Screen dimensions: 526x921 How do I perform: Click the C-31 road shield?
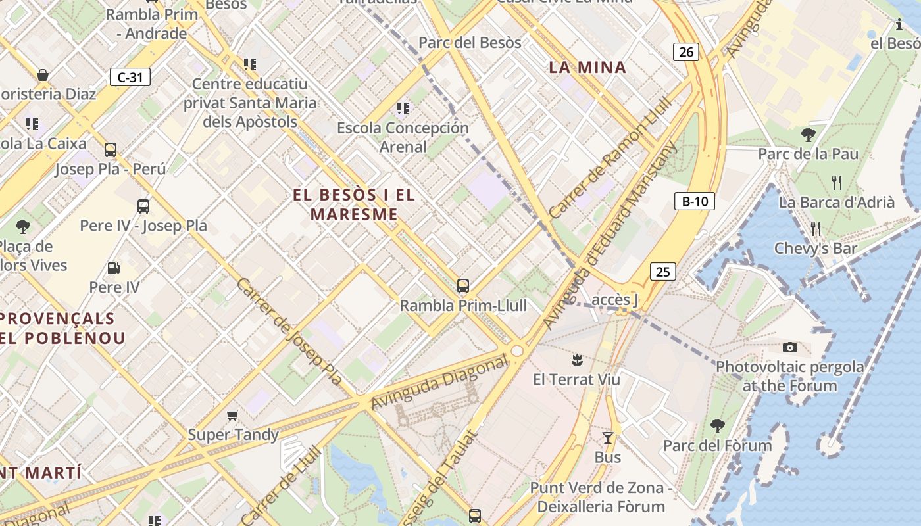point(130,77)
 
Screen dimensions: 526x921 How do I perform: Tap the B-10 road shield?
point(694,201)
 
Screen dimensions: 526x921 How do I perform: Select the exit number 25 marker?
point(663,271)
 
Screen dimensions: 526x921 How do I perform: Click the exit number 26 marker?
point(685,51)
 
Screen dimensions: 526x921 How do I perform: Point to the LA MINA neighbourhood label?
point(587,67)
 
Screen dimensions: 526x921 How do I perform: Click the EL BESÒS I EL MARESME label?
point(354,204)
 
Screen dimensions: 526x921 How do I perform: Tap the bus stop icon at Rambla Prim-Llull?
point(463,286)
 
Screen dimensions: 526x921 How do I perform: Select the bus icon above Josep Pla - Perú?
point(111,149)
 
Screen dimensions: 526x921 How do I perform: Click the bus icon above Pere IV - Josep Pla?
point(143,206)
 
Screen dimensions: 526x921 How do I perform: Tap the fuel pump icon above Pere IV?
point(114,268)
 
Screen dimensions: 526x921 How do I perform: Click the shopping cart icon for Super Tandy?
point(232,415)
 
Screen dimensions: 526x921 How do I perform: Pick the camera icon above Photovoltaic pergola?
point(790,347)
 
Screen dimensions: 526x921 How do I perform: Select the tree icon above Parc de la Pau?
point(809,135)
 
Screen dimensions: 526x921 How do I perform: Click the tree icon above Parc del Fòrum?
point(718,426)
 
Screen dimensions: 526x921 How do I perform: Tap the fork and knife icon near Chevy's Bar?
point(816,229)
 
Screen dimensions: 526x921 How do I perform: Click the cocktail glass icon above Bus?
point(608,437)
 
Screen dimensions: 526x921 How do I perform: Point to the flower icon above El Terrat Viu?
point(577,360)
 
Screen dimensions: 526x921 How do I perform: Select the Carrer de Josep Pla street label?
point(289,331)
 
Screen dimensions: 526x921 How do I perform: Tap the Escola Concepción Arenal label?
point(403,137)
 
